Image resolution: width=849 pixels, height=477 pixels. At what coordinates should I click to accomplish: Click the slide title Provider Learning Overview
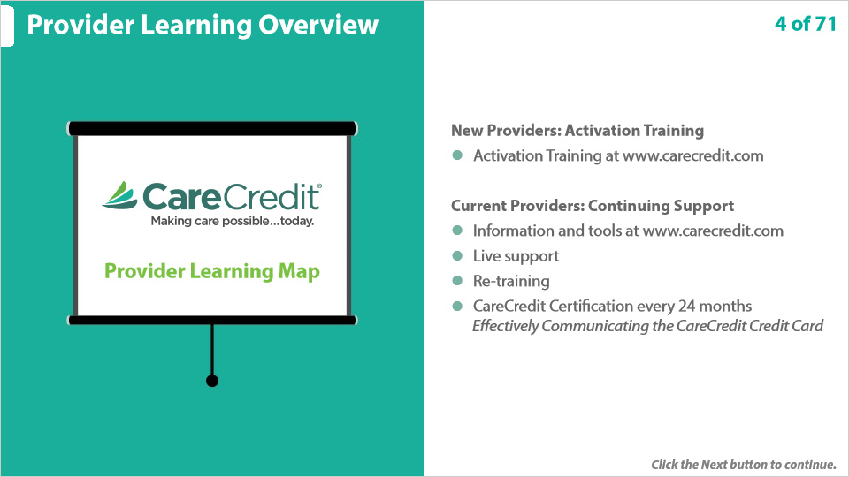(203, 25)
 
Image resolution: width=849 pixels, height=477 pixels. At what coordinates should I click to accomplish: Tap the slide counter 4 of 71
(805, 24)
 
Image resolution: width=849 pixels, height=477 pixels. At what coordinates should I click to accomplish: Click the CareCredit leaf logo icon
(120, 195)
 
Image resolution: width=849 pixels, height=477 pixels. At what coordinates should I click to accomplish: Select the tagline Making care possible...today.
(233, 221)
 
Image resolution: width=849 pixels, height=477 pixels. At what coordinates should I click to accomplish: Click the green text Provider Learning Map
(211, 271)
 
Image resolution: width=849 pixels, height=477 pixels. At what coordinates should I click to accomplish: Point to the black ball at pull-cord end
(212, 381)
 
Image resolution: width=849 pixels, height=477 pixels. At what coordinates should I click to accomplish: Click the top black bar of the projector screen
(211, 129)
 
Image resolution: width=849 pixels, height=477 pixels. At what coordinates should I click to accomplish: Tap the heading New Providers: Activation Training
(577, 131)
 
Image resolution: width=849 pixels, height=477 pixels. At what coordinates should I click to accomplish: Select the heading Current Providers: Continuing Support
(593, 206)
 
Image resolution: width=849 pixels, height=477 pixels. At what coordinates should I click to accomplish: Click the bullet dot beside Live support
(457, 256)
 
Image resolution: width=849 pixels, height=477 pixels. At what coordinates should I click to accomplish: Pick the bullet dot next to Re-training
(457, 281)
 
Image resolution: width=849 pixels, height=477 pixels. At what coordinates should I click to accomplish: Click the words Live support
(516, 256)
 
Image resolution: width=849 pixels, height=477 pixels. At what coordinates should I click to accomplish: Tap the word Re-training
(511, 281)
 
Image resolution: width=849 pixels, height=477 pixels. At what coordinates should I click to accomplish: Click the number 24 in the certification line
(686, 307)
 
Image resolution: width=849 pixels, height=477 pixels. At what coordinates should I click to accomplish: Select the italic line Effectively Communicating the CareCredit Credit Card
(647, 326)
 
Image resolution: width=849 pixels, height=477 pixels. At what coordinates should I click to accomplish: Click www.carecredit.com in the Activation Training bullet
(693, 155)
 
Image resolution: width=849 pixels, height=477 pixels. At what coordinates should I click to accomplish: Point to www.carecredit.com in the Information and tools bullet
(713, 231)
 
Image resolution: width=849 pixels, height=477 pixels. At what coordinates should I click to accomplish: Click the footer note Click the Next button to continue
(744, 465)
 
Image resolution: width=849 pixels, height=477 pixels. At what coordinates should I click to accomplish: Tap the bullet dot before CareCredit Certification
(457, 307)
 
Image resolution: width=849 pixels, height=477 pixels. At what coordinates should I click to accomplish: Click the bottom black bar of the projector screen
(211, 320)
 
